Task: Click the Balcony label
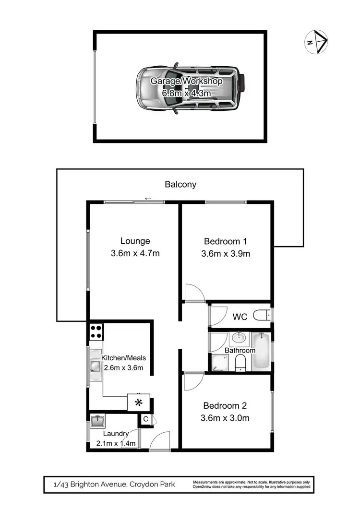pos(180,184)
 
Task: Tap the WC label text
pos(240,317)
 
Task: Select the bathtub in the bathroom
pos(262,351)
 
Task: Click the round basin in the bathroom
pos(238,339)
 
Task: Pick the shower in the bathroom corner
pos(219,364)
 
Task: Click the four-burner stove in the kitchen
pos(96,331)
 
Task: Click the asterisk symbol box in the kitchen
pos(139,402)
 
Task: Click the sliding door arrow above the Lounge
pos(148,199)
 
